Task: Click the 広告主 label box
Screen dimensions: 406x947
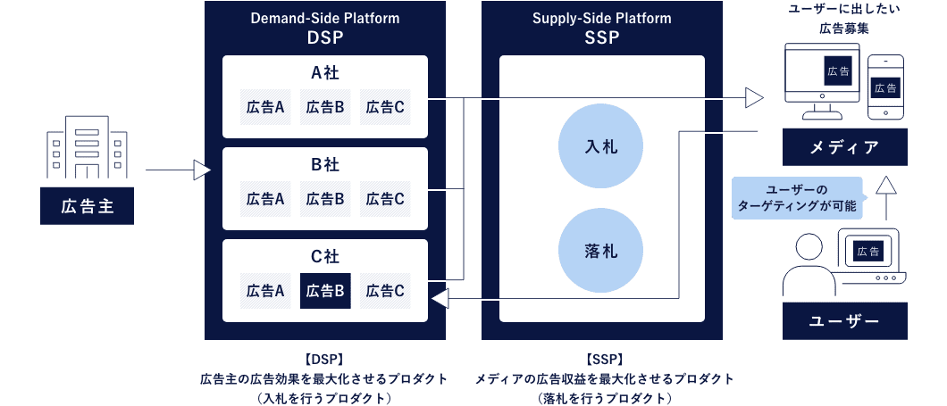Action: pos(88,207)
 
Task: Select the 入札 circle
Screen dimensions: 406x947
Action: pos(601,145)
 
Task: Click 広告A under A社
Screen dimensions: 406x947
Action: pos(265,107)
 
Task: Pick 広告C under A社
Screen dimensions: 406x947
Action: pos(385,107)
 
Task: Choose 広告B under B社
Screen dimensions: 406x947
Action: pos(325,199)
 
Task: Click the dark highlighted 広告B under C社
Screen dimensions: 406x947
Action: pos(325,291)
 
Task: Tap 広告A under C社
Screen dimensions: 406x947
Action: pos(265,291)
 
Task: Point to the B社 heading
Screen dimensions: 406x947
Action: pos(325,165)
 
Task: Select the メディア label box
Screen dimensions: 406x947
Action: pos(844,146)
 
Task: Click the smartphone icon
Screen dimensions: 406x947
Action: pos(885,87)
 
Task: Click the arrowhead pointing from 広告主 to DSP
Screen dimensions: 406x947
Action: pos(202,170)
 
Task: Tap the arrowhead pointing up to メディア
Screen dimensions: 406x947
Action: pos(885,185)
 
